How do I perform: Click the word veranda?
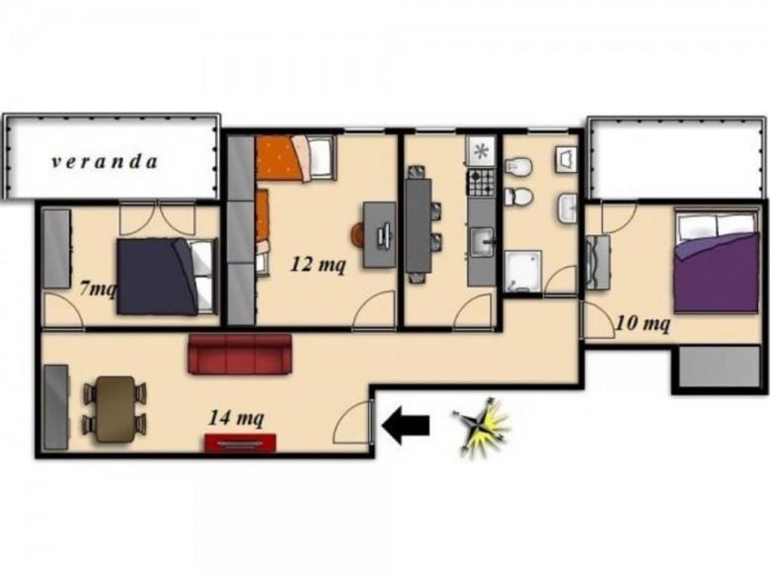(x=105, y=162)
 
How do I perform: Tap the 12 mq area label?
(x=318, y=265)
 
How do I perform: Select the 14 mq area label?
(x=236, y=418)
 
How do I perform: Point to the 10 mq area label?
(x=643, y=323)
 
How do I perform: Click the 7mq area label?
(x=98, y=289)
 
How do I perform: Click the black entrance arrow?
(x=406, y=425)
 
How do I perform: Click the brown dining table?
(x=115, y=409)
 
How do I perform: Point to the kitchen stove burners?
(x=482, y=183)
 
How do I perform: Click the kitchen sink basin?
(x=482, y=243)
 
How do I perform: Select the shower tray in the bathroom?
(x=522, y=272)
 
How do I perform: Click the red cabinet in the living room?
(x=240, y=443)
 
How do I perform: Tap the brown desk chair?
(x=358, y=234)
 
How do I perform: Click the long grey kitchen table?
(x=419, y=225)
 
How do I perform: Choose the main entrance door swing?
(x=352, y=422)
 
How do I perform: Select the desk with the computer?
(x=380, y=235)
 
